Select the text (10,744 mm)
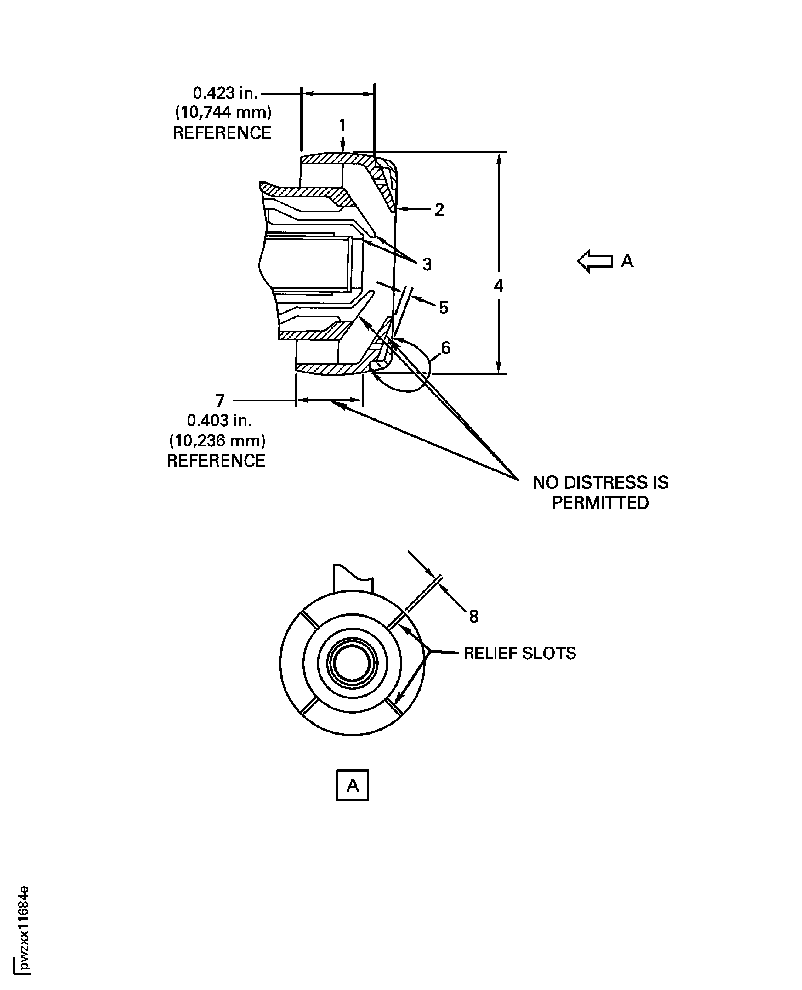point(223,112)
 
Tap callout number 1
point(342,125)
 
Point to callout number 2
point(439,210)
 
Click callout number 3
point(427,265)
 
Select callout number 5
point(444,308)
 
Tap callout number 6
point(445,347)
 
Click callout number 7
point(220,400)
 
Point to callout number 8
point(474,616)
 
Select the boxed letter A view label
point(353,785)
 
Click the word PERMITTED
point(600,503)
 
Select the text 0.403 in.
point(219,421)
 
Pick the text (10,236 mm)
point(217,441)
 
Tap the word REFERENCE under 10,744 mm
point(222,133)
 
